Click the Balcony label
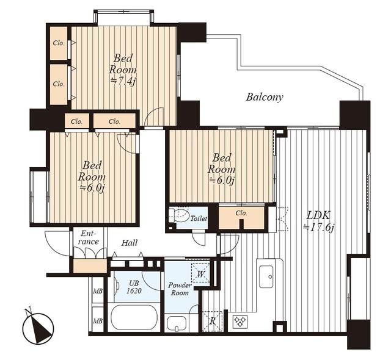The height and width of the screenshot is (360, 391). pyautogui.click(x=265, y=97)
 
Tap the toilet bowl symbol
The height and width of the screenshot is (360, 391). pyautogui.click(x=179, y=215)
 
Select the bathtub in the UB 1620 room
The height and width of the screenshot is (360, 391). pyautogui.click(x=134, y=317)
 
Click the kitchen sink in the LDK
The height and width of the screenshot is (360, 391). pyautogui.click(x=266, y=276)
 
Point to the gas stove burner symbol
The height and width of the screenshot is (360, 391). pyautogui.click(x=240, y=320)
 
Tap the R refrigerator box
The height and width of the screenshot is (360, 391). pyautogui.click(x=212, y=321)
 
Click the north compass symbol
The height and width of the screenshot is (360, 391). pyautogui.click(x=37, y=326)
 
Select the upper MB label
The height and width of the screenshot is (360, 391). pyautogui.click(x=98, y=291)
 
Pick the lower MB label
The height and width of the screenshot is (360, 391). pyautogui.click(x=98, y=321)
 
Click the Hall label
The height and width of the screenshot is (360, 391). pyautogui.click(x=130, y=243)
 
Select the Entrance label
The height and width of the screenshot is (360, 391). pyautogui.click(x=88, y=237)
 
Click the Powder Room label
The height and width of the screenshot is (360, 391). pyautogui.click(x=180, y=289)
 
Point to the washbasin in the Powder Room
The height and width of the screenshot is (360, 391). pyautogui.click(x=177, y=323)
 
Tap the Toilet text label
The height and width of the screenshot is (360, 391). pyautogui.click(x=199, y=218)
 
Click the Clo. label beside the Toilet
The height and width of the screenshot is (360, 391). pyautogui.click(x=241, y=213)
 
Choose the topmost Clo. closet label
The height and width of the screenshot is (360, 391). pyautogui.click(x=59, y=43)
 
